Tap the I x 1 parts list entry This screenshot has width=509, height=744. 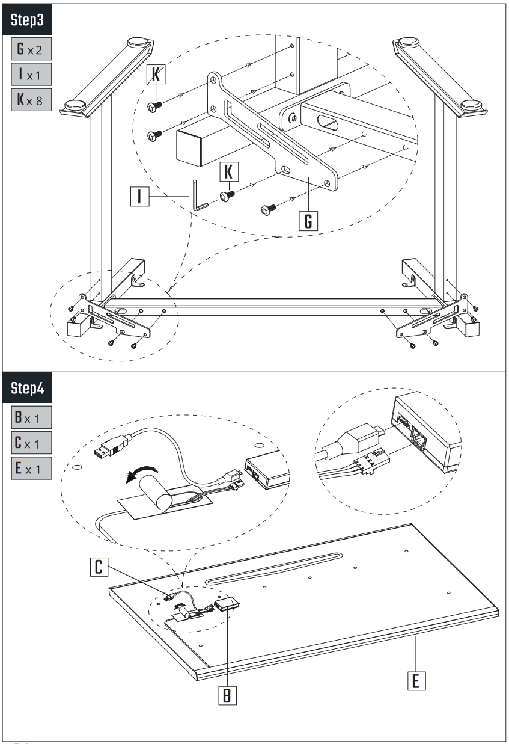click(29, 75)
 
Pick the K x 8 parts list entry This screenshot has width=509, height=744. click(29, 100)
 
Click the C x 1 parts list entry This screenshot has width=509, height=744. click(29, 443)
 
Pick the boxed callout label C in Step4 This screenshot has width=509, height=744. click(100, 566)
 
